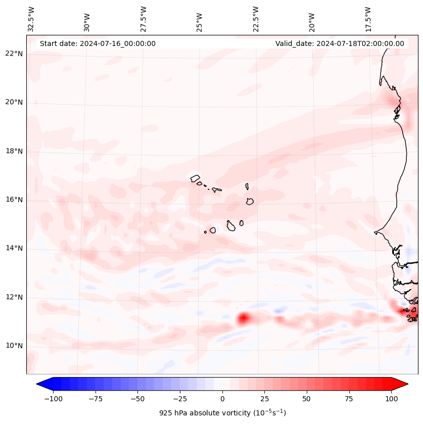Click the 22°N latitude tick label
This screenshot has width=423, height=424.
14,54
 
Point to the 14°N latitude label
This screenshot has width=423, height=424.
14,249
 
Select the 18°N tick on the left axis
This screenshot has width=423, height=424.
14,151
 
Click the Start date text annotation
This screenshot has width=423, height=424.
98,43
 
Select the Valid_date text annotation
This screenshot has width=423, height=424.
340,43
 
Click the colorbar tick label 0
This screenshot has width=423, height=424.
222,399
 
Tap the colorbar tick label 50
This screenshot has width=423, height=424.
307,399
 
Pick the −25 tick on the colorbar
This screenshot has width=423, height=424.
180,399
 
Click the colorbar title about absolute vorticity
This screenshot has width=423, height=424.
222,413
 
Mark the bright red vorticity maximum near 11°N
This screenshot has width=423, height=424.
244,318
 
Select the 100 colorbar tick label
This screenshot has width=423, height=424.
391,399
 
